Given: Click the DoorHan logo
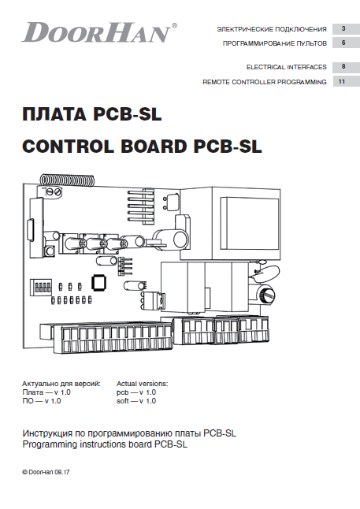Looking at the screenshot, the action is coord(99,32).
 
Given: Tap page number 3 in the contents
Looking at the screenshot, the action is coord(343,28).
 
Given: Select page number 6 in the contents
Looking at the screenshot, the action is coord(343,43).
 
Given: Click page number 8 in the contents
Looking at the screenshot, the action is coord(343,66).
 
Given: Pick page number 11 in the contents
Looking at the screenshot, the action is coord(342,81).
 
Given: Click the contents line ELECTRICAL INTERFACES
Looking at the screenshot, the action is coord(286,67).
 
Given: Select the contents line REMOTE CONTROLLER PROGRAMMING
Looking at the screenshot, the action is coord(265,82).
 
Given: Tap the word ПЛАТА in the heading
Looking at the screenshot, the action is coord(54,114).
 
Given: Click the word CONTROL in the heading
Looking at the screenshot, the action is coord(69,147).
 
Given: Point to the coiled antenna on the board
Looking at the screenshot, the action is coord(67,180).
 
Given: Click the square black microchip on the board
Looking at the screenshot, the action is coord(98,282).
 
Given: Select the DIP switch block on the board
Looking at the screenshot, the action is coord(41,287).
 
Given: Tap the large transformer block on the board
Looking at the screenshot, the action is coord(230,223).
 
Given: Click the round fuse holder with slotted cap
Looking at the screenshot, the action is coord(266,295).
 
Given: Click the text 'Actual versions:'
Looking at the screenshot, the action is coord(142,384).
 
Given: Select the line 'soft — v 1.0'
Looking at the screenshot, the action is coord(136,401).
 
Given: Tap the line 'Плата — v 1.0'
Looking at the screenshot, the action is coord(46,392).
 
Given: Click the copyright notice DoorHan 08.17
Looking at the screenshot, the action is coord(46,472).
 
